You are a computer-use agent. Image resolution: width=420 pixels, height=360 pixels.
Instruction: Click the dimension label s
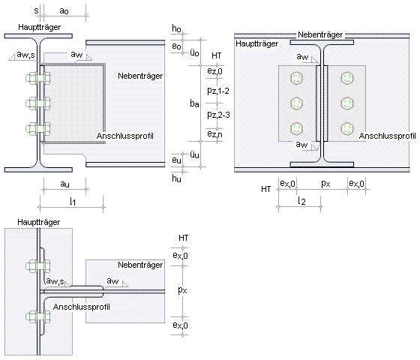click(37, 10)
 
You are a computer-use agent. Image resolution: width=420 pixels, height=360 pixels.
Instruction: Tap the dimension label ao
click(64, 10)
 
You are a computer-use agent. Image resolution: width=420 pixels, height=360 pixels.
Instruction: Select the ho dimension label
click(176, 28)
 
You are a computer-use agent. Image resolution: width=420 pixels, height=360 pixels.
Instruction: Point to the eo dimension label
click(176, 46)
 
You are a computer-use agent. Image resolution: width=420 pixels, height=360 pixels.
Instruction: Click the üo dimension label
click(194, 52)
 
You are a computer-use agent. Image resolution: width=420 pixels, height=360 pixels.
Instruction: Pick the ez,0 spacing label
click(214, 71)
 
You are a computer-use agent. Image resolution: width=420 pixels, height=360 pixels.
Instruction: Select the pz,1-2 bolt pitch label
click(218, 91)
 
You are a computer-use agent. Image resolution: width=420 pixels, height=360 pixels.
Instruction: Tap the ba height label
click(194, 103)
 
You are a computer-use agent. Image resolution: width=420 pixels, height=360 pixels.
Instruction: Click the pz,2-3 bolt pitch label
click(218, 115)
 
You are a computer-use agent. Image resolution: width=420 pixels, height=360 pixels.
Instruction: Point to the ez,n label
click(214, 134)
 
